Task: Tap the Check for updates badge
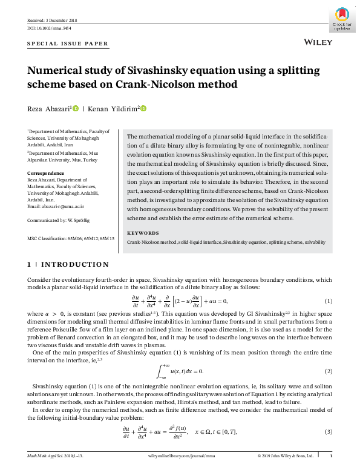[342, 18]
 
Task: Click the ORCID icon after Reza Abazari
[76, 109]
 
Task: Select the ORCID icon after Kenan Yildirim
[143, 109]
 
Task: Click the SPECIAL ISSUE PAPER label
[68, 44]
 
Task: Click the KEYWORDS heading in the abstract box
[143, 233]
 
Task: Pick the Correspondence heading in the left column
[46, 173]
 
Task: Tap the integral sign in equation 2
[160, 370]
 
